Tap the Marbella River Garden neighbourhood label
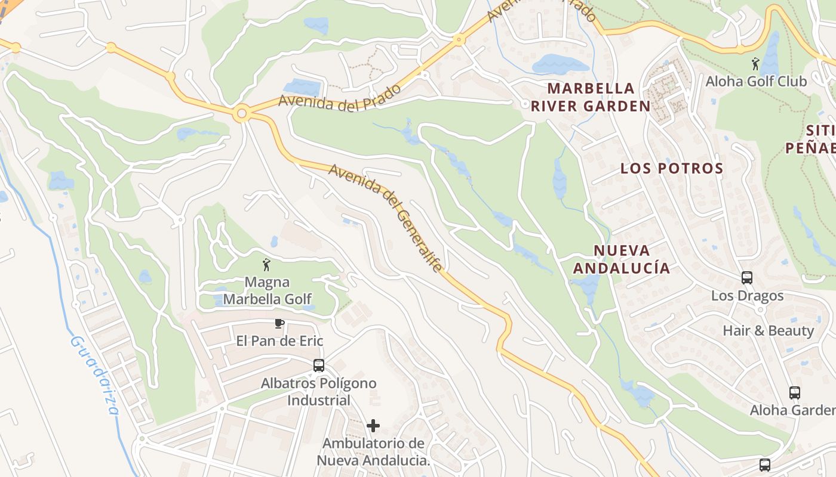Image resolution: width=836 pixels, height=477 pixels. point(591,97)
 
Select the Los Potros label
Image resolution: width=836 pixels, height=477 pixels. point(672,168)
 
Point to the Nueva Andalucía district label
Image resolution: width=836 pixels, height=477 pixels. point(622,259)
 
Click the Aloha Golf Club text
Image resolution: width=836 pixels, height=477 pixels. point(757,81)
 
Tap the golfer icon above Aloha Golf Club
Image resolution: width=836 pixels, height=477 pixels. point(755,64)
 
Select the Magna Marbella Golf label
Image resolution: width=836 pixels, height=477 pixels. point(267,290)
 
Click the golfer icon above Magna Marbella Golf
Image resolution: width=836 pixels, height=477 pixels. point(266,265)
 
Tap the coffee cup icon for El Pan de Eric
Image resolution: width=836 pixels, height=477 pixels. point(278,324)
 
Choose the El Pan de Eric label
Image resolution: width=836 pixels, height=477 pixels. point(279,341)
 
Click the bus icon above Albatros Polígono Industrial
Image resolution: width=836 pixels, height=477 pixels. point(319,366)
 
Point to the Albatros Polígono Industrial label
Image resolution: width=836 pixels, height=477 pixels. point(319,391)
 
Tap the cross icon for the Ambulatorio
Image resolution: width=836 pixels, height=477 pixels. point(373,426)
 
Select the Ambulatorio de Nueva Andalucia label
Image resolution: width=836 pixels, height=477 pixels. point(373,452)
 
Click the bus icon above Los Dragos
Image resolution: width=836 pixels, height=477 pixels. point(747,278)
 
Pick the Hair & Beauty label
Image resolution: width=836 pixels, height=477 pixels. point(769,330)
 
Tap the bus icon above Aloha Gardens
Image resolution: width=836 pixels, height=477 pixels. point(794,393)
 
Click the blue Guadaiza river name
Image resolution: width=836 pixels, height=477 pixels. point(94,375)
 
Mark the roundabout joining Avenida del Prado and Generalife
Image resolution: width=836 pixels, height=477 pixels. point(241,113)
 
